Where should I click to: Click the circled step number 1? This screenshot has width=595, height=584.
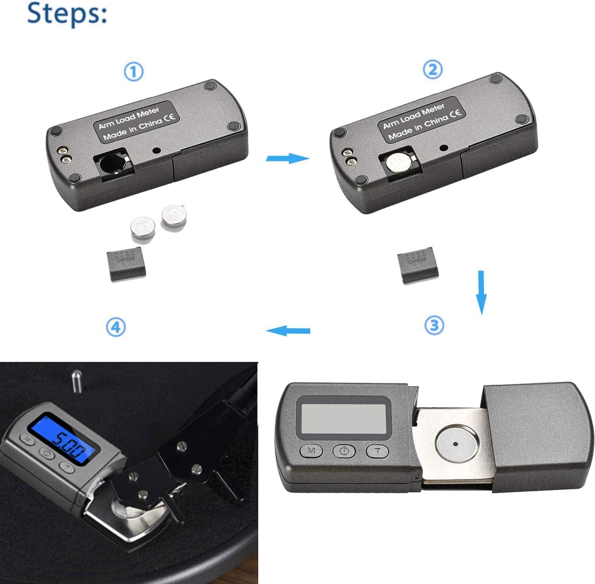134,72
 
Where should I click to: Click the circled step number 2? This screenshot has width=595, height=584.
432,70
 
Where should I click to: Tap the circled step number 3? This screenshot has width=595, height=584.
434,325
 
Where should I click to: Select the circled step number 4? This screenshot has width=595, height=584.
116,327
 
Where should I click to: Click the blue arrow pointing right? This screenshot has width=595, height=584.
287,158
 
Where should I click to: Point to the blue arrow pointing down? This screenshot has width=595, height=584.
481,292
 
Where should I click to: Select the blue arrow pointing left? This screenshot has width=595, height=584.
288,331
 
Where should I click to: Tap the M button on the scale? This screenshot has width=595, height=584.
312,451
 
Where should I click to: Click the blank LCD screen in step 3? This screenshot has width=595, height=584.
344,419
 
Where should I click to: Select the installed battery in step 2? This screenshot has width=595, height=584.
399,162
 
